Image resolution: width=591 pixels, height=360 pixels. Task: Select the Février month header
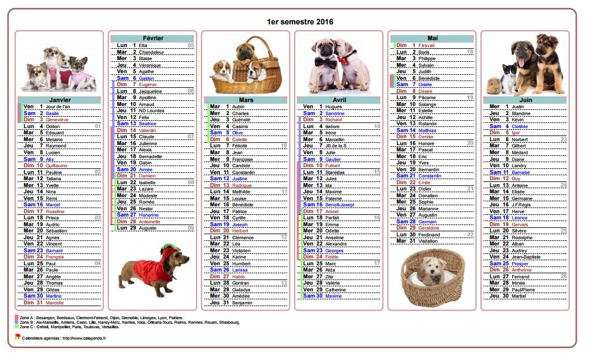click(152, 38)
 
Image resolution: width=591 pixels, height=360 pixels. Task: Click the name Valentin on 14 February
click(147, 130)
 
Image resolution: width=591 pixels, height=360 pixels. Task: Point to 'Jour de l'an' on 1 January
click(58, 107)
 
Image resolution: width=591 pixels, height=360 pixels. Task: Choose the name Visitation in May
click(430, 241)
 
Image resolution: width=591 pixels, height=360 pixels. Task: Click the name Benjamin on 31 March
click(243, 303)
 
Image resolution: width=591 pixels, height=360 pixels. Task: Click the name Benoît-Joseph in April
click(340, 205)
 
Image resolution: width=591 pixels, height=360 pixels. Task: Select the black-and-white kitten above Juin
click(509, 79)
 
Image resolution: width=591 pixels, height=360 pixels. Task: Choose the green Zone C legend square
click(16, 327)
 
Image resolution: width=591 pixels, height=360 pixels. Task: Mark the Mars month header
click(245, 99)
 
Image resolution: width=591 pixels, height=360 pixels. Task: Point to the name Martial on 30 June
click(518, 296)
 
